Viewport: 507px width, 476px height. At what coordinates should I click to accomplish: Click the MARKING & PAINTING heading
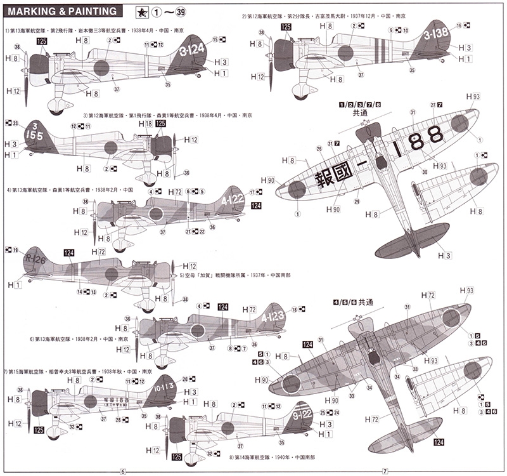[60, 11]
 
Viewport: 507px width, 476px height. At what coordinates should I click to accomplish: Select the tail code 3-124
[191, 49]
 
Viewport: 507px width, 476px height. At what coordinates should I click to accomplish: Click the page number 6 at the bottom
[123, 472]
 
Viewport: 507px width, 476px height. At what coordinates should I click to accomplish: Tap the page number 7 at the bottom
[385, 472]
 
